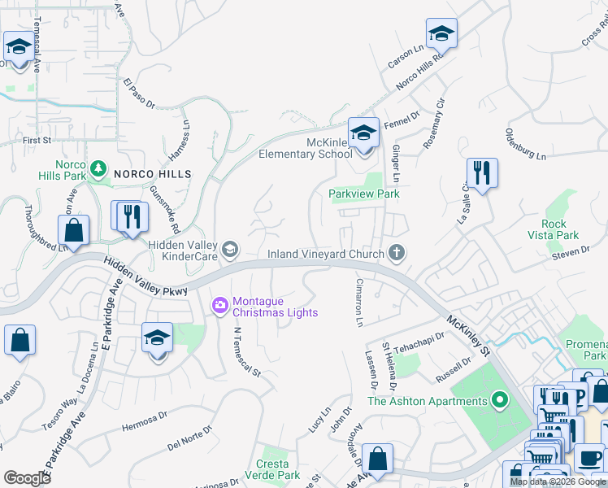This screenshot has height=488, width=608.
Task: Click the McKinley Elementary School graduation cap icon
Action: [363, 133]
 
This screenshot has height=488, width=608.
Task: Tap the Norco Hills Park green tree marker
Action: [98, 168]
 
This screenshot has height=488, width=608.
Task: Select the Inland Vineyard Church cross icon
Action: [397, 254]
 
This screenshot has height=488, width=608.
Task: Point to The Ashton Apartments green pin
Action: [500, 400]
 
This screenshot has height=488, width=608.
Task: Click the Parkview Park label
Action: [364, 194]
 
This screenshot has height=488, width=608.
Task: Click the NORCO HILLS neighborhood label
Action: [152, 174]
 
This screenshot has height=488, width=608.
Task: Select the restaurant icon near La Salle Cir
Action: [482, 173]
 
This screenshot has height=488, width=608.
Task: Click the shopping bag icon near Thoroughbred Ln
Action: [74, 229]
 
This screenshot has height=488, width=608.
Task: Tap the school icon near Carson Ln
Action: [441, 33]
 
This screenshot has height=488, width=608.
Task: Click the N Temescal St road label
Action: [246, 352]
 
